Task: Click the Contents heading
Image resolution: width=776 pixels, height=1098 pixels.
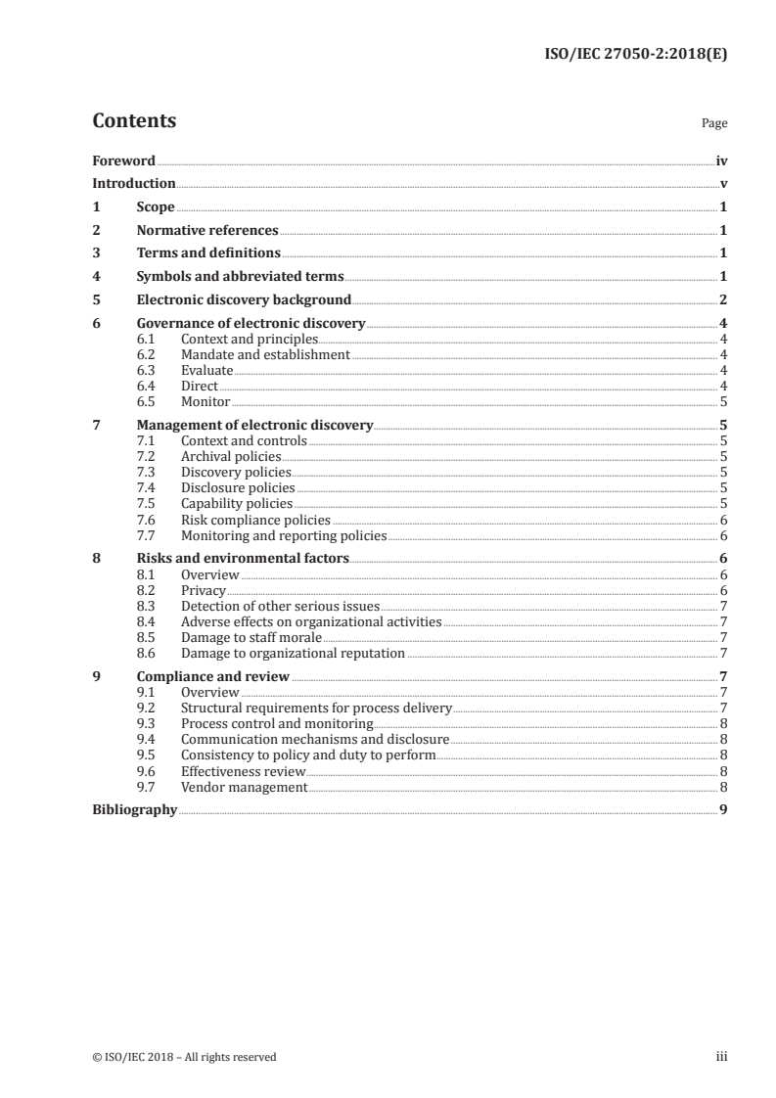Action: tap(134, 121)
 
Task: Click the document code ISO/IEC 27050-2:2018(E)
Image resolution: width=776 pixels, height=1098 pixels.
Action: tap(634, 56)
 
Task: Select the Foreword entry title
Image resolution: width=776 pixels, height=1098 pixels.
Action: tap(123, 160)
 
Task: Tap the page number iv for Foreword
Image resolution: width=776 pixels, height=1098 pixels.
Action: tap(721, 160)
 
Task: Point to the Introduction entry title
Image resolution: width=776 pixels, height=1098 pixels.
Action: tap(134, 184)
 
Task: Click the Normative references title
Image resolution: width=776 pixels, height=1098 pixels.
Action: tap(207, 231)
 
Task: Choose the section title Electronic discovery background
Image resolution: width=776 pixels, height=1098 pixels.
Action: tap(244, 300)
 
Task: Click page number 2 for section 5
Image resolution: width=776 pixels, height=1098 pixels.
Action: tap(722, 300)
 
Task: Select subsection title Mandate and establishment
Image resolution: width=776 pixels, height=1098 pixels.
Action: tap(265, 355)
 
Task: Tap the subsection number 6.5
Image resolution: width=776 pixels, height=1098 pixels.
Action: tap(146, 402)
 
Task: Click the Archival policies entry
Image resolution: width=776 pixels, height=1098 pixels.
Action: tap(231, 457)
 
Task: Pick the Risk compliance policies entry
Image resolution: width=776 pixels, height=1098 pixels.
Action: tap(255, 521)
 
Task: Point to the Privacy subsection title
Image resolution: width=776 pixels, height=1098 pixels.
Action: tap(204, 591)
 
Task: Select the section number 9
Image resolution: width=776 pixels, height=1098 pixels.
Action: tap(96, 676)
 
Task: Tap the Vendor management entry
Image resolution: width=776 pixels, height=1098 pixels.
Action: tap(244, 787)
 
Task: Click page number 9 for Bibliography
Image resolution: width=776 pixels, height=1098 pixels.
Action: tap(722, 810)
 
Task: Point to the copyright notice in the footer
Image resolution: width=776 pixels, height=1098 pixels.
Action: tap(184, 1057)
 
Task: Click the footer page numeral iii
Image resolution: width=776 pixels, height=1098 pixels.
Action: tap(722, 1057)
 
